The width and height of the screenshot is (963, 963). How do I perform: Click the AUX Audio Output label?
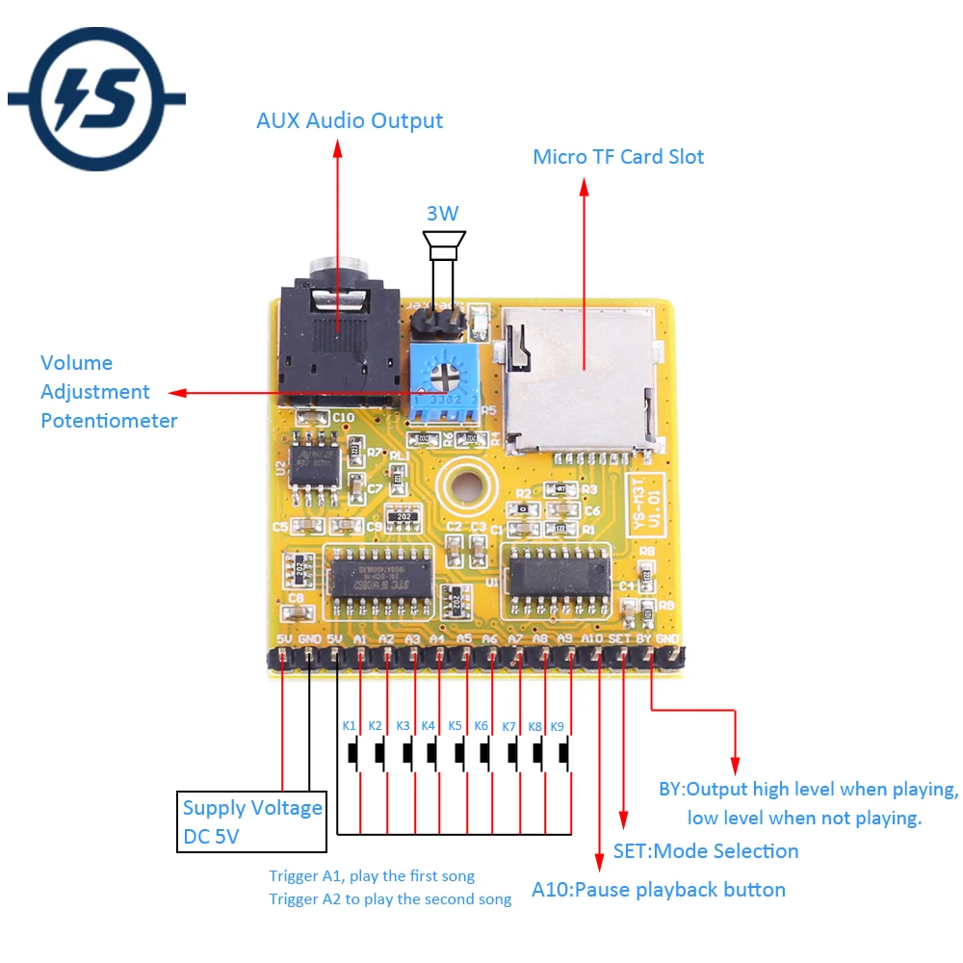tap(350, 121)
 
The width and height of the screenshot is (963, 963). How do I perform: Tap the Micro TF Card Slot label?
tap(618, 157)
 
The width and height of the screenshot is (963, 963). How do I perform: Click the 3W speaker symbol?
tap(444, 246)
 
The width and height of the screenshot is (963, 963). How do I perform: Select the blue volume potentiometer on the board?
tap(443, 386)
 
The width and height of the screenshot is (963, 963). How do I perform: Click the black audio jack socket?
tap(336, 337)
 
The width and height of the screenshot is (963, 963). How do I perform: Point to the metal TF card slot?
tap(578, 380)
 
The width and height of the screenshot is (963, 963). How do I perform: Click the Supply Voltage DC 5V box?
tap(253, 821)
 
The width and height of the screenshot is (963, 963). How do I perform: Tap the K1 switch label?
tap(349, 725)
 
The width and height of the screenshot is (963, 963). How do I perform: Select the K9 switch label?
tap(557, 725)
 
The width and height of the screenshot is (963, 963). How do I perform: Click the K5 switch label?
tap(455, 725)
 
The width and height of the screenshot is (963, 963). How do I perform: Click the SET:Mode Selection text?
tap(706, 851)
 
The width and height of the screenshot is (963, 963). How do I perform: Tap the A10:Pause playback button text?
tap(659, 890)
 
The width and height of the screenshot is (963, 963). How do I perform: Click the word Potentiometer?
tap(109, 421)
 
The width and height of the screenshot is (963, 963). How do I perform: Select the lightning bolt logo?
tap(96, 98)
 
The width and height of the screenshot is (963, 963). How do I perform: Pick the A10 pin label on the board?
tap(592, 638)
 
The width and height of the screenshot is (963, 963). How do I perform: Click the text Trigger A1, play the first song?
tap(372, 876)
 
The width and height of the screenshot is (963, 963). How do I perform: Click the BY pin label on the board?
tap(644, 638)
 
